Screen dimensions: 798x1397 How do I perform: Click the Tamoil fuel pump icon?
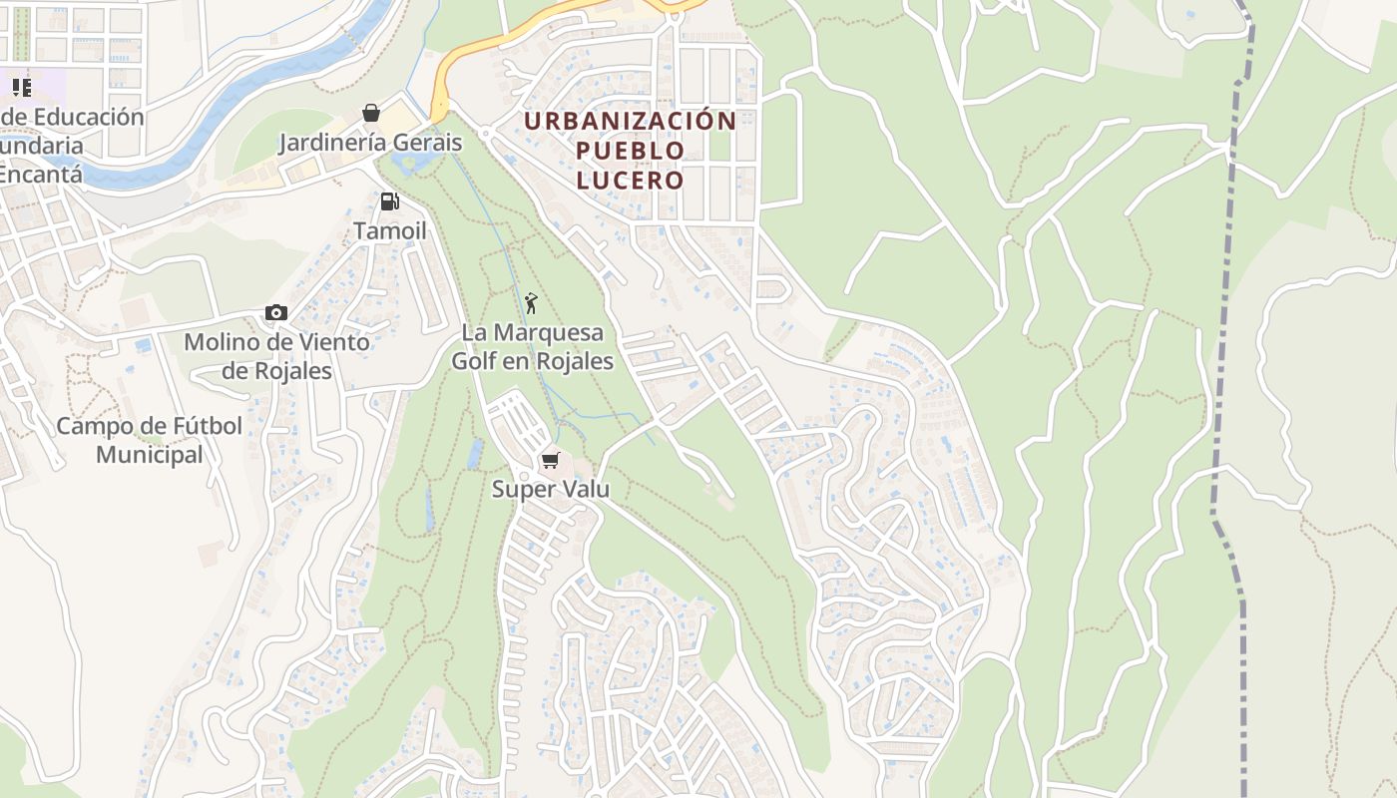(389, 201)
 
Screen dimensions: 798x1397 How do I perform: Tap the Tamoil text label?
(389, 231)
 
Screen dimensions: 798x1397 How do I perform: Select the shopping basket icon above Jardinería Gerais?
(371, 113)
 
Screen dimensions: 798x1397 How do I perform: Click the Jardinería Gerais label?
(370, 143)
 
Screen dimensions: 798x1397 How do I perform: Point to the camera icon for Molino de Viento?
(276, 313)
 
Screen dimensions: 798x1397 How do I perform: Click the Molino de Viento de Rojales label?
(276, 356)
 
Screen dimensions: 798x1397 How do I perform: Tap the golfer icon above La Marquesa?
(531, 302)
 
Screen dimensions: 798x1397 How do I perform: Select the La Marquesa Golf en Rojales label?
(532, 346)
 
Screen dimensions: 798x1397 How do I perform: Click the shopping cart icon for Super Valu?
(550, 460)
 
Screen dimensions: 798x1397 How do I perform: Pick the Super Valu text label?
(550, 490)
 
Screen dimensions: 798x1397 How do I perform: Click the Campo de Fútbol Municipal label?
(149, 440)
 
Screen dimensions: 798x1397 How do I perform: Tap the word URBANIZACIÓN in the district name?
(630, 122)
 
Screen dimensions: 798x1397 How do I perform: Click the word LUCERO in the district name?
(630, 181)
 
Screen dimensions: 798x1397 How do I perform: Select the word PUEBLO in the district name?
(630, 152)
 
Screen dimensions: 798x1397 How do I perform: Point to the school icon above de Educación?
(21, 88)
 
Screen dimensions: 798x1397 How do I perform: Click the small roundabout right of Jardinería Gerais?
(486, 133)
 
